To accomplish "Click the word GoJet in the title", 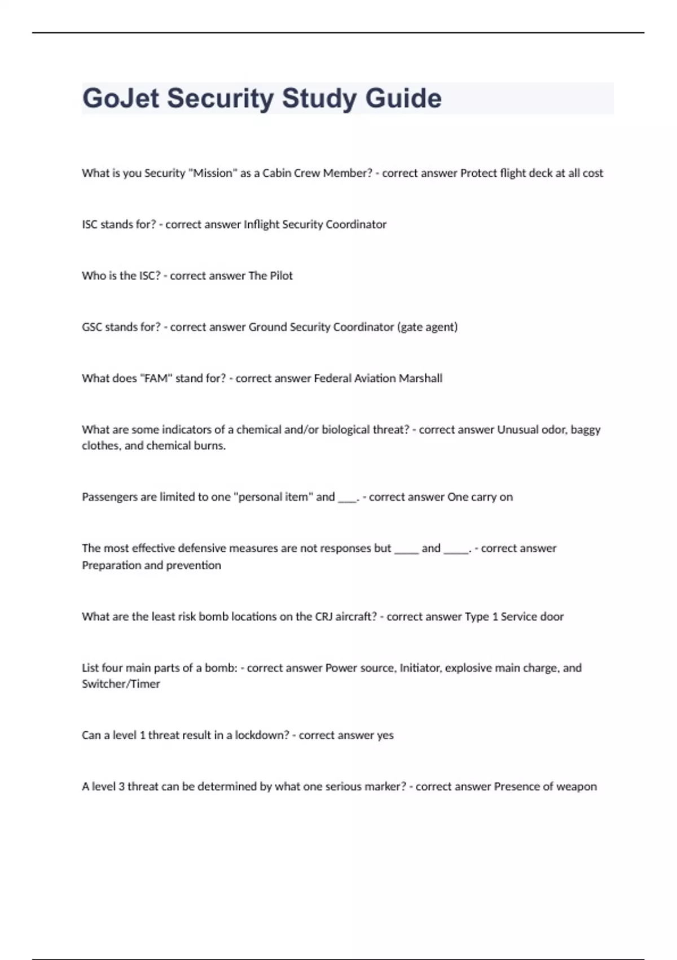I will click(x=120, y=98).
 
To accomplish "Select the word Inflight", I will click(x=261, y=225).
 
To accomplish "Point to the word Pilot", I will click(x=280, y=276).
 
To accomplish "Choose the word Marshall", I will click(x=420, y=378).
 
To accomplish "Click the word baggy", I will click(x=586, y=430).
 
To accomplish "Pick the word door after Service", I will click(x=551, y=617).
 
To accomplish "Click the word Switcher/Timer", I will click(x=121, y=684).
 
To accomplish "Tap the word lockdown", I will click(x=262, y=735).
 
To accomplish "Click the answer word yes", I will click(x=385, y=735).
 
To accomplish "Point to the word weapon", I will click(x=577, y=787).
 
